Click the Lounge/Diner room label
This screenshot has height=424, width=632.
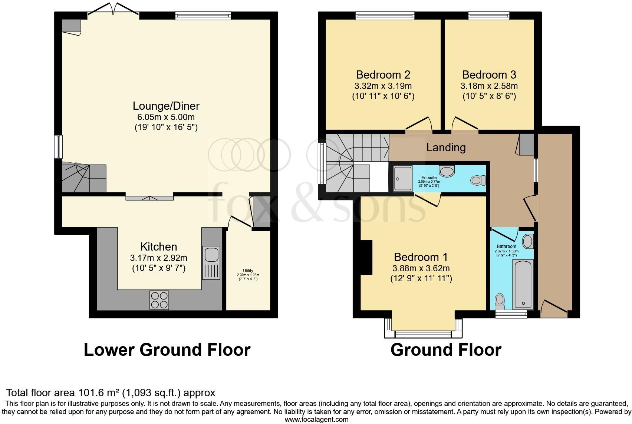pos(166,106)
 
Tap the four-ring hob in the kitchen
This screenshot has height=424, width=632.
pos(159,300)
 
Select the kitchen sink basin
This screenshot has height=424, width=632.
pos(211,255)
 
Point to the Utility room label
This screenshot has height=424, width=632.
pos(248,271)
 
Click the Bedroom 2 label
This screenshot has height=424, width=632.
pos(383,75)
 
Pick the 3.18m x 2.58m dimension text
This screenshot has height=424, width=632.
pos(489,86)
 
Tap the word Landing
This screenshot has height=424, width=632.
pos(446,148)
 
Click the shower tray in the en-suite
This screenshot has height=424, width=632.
pos(402,178)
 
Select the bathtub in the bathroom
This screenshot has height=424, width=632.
pos(523,284)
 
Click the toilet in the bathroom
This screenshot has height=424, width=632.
pos(500,301)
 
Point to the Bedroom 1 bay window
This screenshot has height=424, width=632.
pos(423,334)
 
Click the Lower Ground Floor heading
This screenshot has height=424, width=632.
pos(167,350)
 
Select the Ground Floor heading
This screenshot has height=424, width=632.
pos(446,350)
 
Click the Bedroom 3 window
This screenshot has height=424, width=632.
pos(488,15)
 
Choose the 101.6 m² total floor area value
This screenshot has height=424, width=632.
pos(99,392)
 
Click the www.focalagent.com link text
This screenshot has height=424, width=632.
pos(316,420)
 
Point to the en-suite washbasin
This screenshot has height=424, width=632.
pos(447,171)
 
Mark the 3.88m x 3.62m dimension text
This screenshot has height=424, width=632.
pos(421,268)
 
